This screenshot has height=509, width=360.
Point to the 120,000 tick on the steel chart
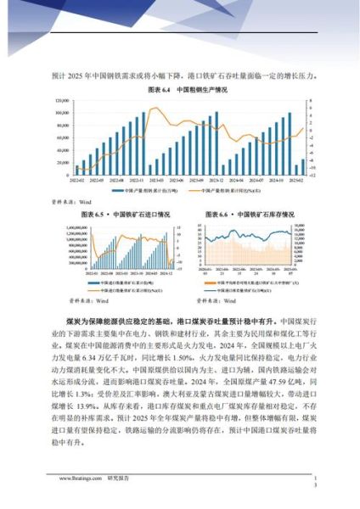(x=59, y=100)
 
